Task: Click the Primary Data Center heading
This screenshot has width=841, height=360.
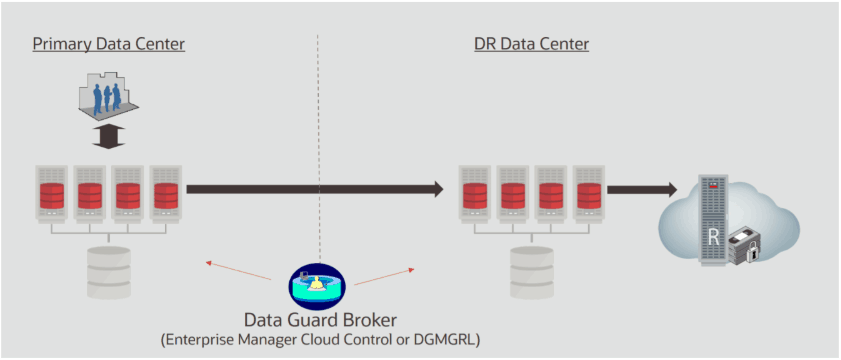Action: tap(108, 44)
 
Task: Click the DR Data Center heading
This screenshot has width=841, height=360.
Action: tap(531, 44)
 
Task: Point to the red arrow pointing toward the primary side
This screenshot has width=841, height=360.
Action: tap(240, 271)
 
